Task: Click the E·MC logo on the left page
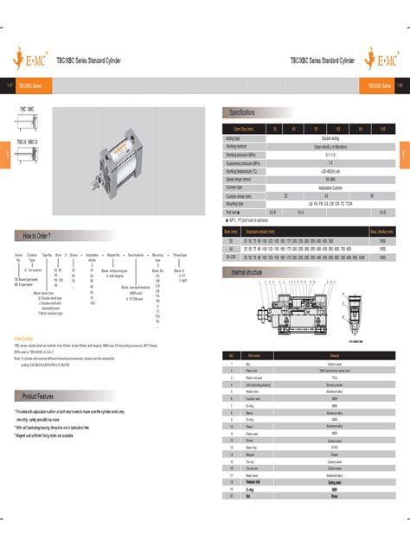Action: point(29,61)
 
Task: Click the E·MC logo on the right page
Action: point(381,61)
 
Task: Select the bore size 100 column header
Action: point(382,128)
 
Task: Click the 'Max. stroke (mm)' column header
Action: point(382,232)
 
